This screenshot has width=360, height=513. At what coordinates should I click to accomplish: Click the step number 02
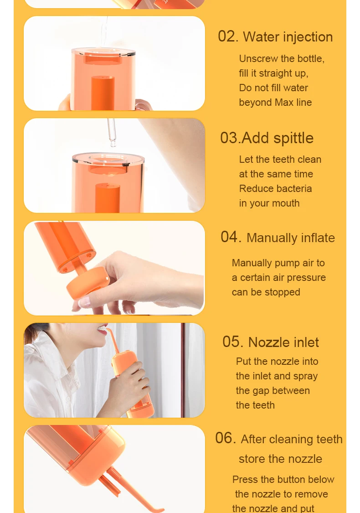tap(228, 36)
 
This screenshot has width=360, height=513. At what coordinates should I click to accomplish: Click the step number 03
tap(230, 138)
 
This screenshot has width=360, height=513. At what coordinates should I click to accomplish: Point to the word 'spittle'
tap(293, 138)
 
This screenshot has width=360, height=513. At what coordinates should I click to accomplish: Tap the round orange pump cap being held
tap(88, 283)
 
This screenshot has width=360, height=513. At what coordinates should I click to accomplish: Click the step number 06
tap(225, 438)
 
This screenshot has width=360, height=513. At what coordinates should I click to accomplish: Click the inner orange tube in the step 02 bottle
tap(103, 93)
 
